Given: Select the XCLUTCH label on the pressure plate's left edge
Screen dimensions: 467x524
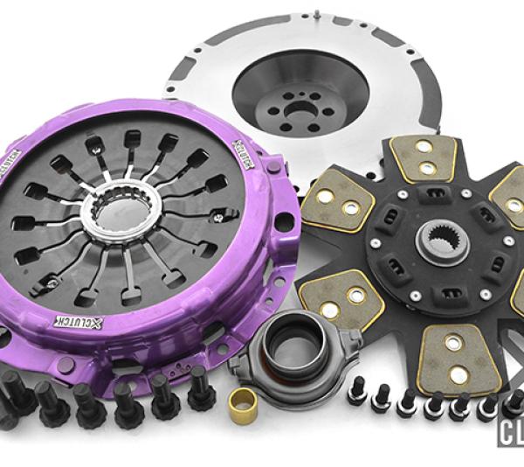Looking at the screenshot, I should coord(10,171).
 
